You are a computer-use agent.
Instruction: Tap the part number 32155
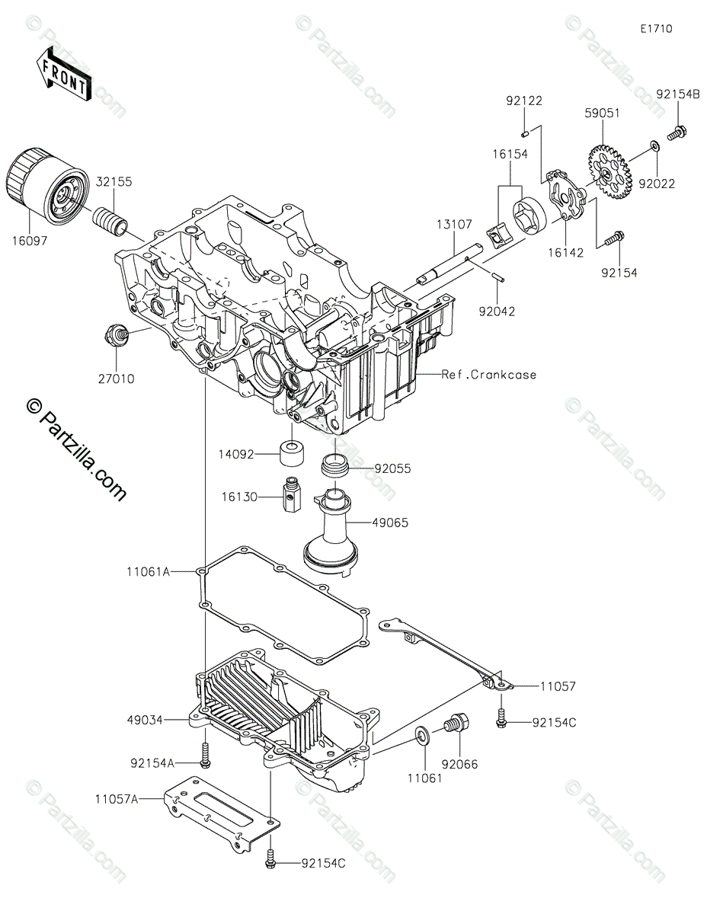(114, 182)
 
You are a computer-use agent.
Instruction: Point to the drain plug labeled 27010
(117, 335)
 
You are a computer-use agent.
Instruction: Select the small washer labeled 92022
(654, 144)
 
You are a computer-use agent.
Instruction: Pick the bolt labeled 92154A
(205, 756)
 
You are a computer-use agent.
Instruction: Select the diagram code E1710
(656, 29)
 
